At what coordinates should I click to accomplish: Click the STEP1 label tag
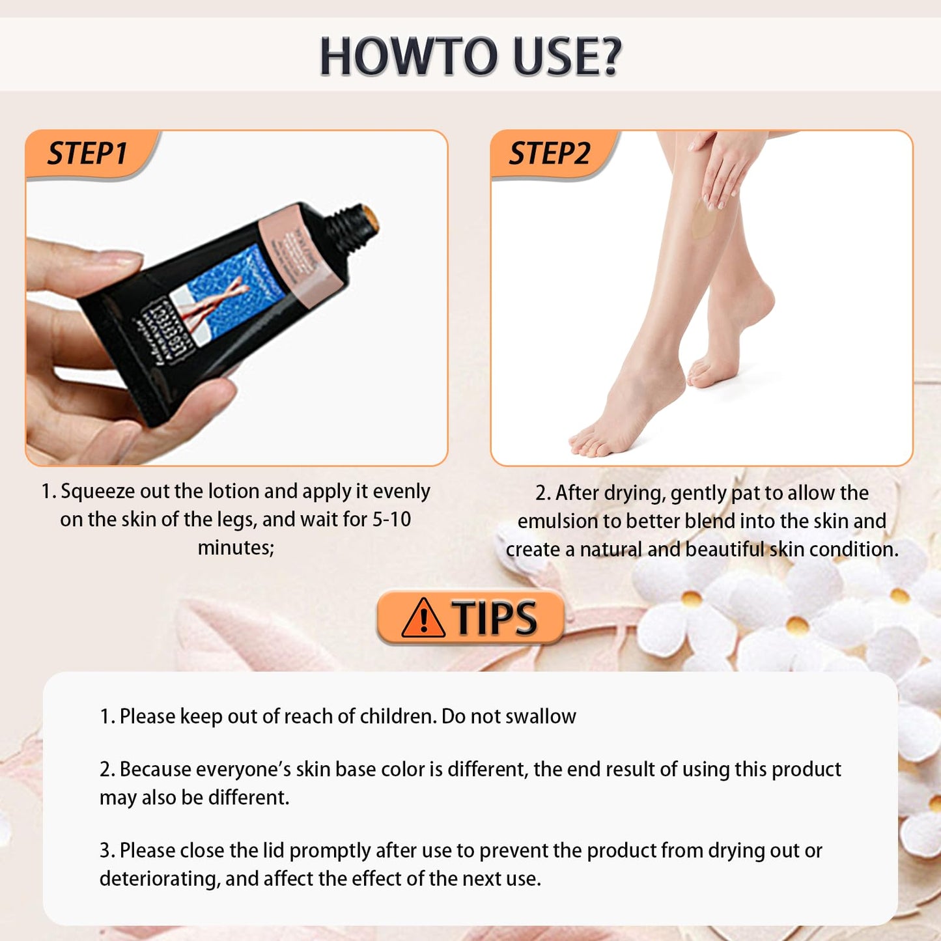87,154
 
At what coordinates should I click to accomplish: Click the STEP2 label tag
549,154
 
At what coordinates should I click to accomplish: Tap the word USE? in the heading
567,57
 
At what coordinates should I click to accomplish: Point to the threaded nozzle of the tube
355,228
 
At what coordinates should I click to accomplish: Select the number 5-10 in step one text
391,520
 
